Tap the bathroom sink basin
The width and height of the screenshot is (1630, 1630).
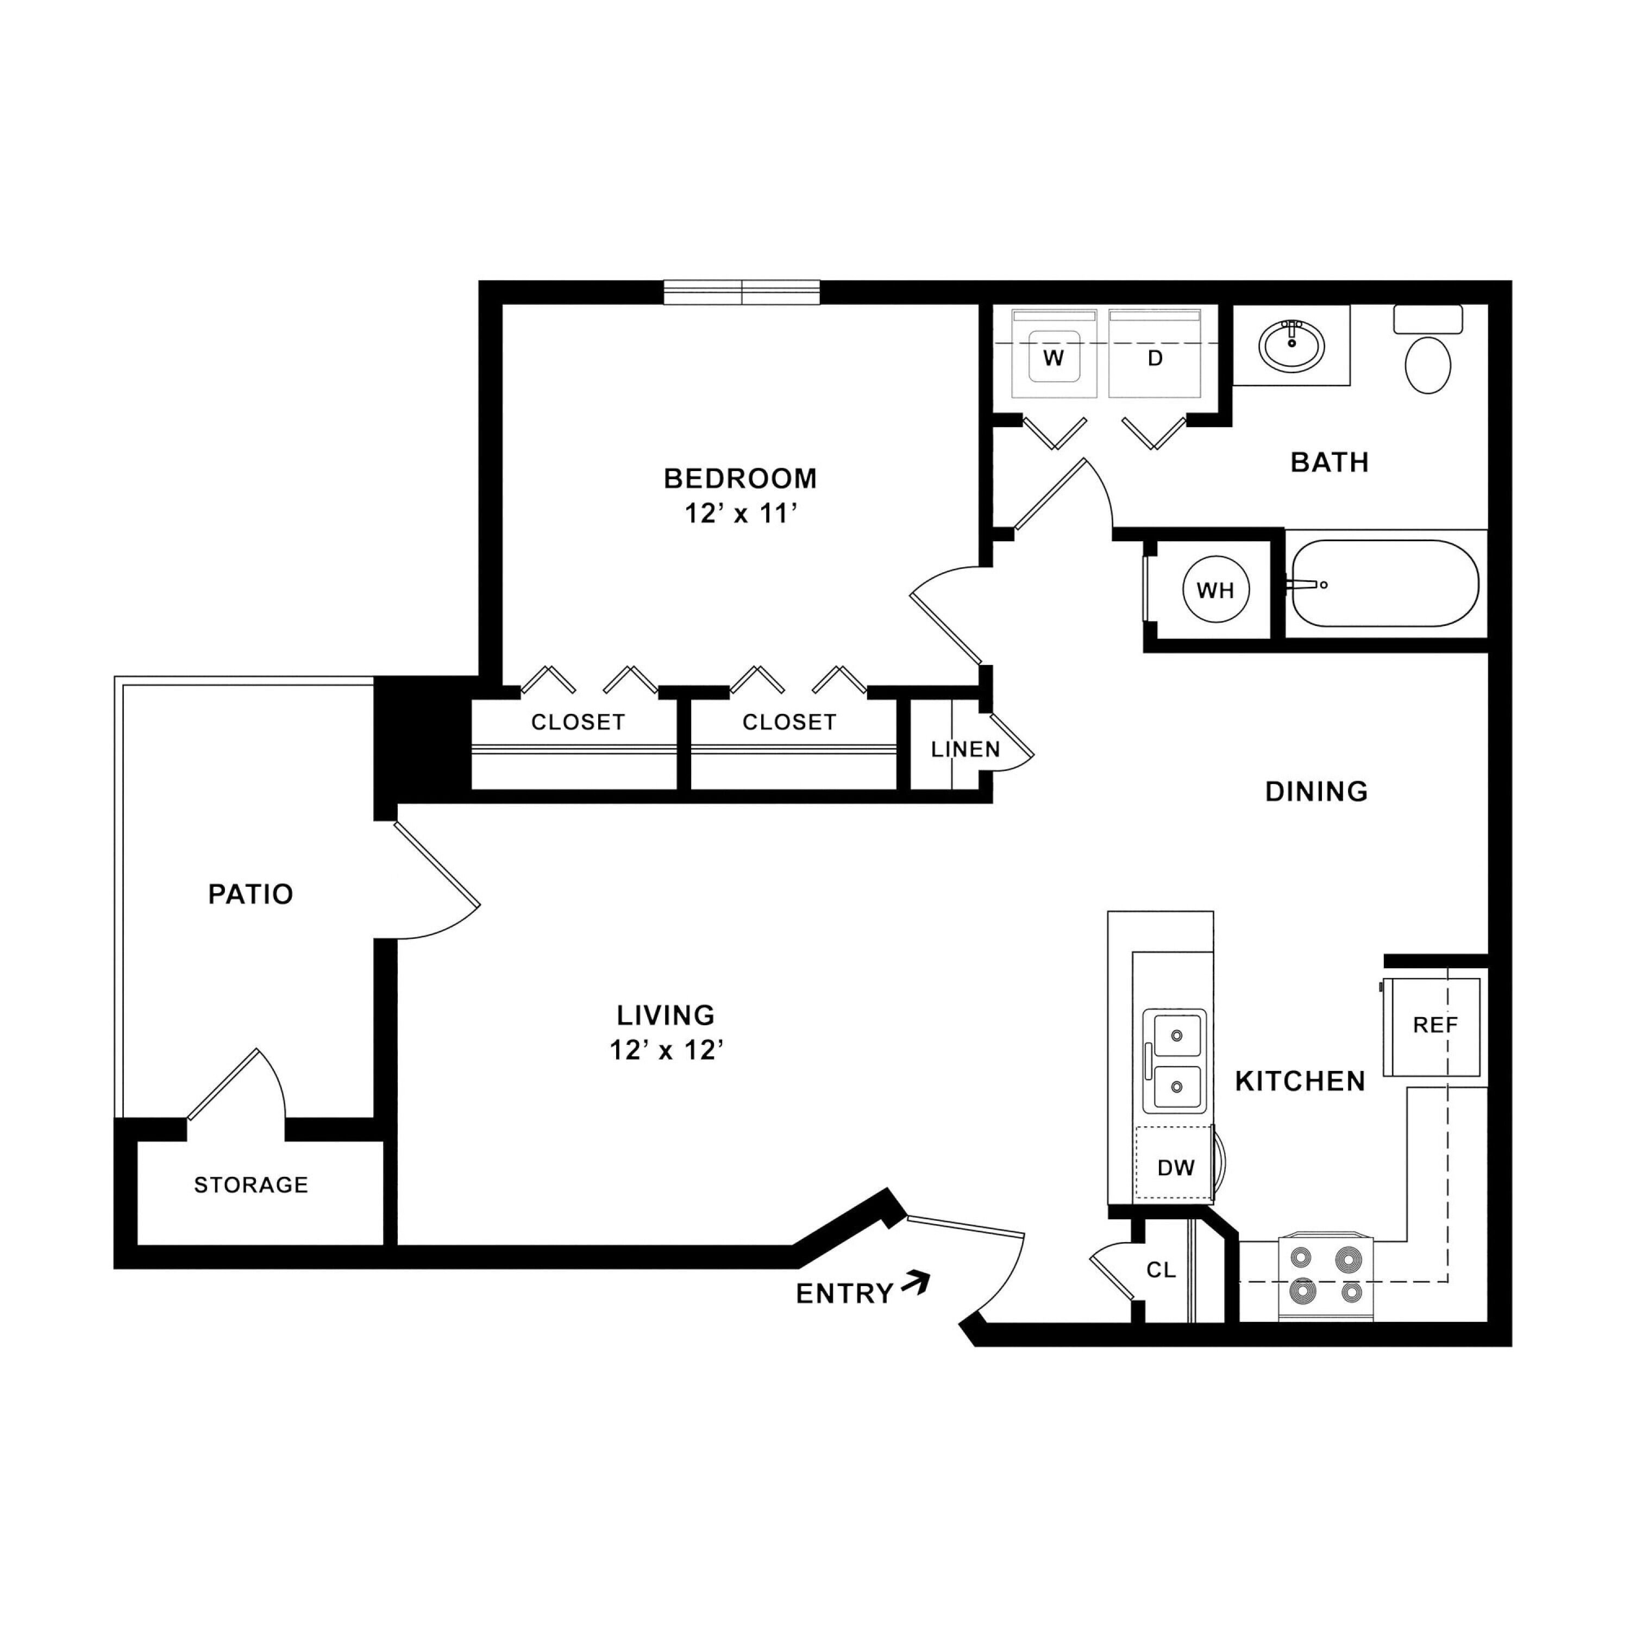point(1291,345)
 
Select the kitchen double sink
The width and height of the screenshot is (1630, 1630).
point(1174,1061)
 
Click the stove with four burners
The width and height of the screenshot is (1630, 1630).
point(1326,1278)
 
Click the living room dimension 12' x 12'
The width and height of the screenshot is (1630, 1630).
point(667,1050)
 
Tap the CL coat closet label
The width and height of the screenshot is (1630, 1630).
point(1161,1270)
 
